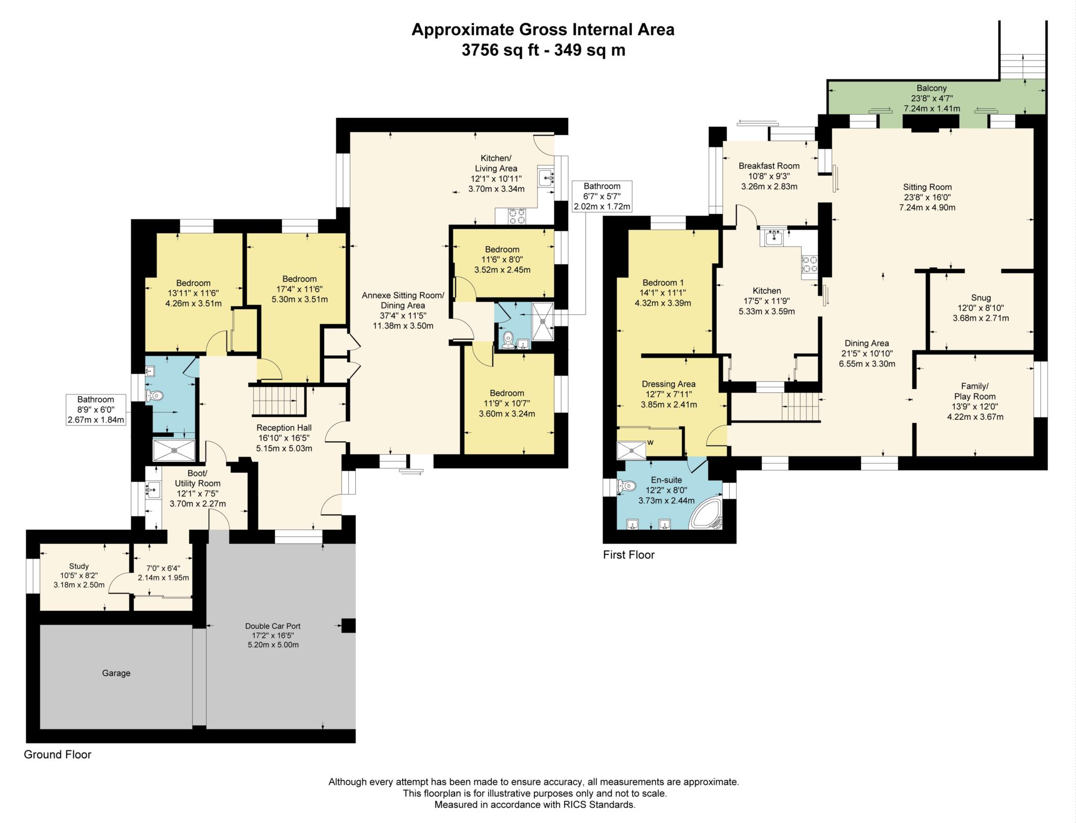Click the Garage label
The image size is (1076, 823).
point(116,673)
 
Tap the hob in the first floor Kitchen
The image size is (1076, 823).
point(809,263)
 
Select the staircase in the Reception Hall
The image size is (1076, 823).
point(278,401)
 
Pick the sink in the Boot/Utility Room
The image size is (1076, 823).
point(152,490)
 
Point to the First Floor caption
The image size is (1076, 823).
point(628,555)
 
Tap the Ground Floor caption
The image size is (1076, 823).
point(58,755)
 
